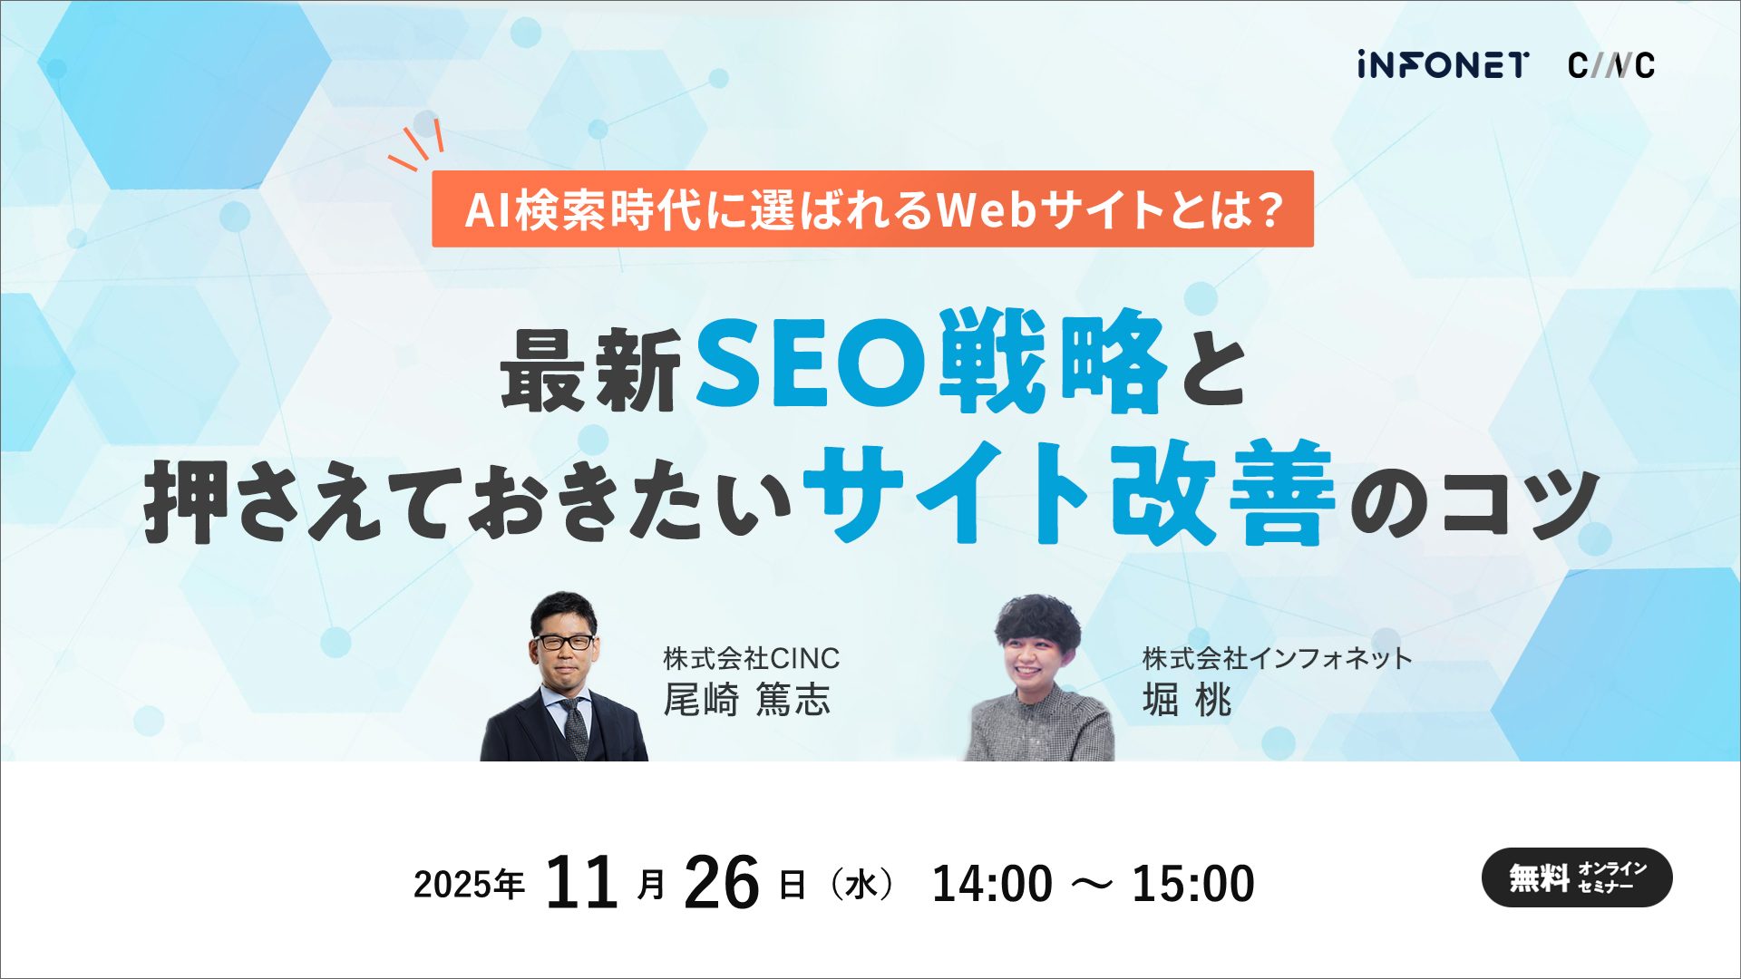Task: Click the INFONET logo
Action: pyautogui.click(x=1443, y=65)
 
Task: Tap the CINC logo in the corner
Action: pyautogui.click(x=1611, y=65)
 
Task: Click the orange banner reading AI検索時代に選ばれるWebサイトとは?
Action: pyautogui.click(x=872, y=209)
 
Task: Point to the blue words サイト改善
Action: pyautogui.click(x=1070, y=494)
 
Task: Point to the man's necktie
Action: pyautogui.click(x=575, y=725)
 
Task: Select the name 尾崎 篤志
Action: pyautogui.click(x=746, y=700)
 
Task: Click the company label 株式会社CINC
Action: pyautogui.click(x=751, y=657)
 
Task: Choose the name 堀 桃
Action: pyautogui.click(x=1186, y=700)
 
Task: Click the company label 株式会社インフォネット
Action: pyautogui.click(x=1277, y=657)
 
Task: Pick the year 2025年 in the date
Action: pyautogui.click(x=469, y=884)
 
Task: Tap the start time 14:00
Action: pyautogui.click(x=992, y=884)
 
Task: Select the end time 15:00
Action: pyautogui.click(x=1193, y=884)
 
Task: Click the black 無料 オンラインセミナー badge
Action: pyautogui.click(x=1576, y=877)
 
